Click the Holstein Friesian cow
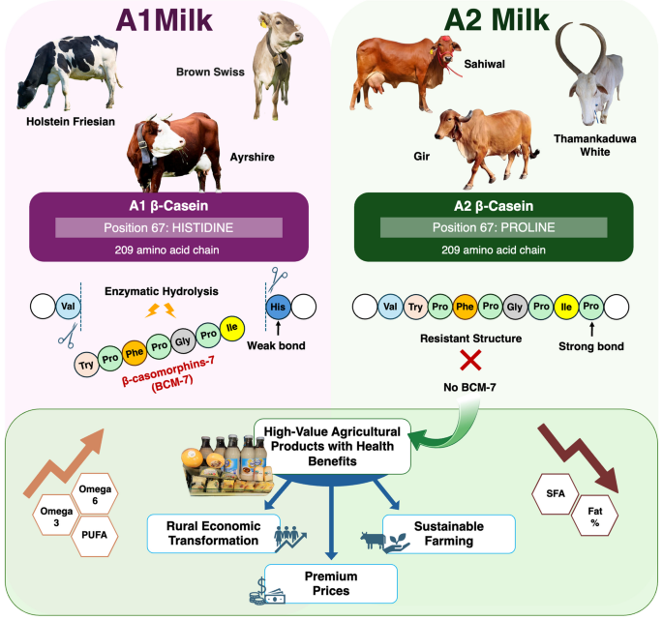(68, 72)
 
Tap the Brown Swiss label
(210, 72)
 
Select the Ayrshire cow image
(174, 152)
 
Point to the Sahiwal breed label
(484, 64)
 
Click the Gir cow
(486, 148)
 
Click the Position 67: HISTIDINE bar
(168, 228)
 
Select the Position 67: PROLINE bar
(494, 227)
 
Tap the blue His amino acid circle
(278, 307)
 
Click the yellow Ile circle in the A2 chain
(566, 307)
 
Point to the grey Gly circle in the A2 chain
(515, 307)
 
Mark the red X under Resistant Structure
(470, 361)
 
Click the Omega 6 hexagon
(95, 494)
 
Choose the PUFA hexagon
(94, 535)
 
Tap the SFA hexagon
(556, 493)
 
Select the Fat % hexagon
(594, 517)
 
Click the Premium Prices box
(331, 583)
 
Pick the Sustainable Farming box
(449, 534)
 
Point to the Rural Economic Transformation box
(214, 533)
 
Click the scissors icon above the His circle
(278, 279)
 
